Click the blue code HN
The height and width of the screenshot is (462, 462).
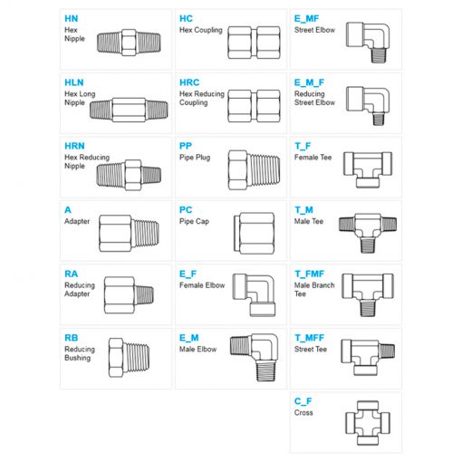72,19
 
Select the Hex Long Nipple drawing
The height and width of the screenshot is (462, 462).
129,110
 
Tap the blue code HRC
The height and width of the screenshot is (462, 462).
189,82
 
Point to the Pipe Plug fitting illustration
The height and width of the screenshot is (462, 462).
254,170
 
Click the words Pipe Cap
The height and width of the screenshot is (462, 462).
194,221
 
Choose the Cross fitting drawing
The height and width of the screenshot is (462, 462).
368,423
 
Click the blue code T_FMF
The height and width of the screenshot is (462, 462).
309,274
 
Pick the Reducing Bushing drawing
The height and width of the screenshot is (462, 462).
129,358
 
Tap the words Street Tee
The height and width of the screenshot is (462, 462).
311,349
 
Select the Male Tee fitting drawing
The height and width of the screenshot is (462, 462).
368,233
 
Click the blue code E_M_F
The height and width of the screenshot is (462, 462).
309,82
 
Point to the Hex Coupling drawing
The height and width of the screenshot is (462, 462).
254,43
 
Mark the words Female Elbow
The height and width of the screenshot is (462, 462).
202,285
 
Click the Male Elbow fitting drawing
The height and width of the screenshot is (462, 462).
254,358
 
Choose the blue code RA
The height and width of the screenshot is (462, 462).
72,274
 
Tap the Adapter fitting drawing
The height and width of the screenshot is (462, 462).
129,234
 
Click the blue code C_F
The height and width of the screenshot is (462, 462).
303,401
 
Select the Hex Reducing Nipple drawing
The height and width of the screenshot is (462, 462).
129,175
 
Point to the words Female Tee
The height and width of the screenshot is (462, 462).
313,158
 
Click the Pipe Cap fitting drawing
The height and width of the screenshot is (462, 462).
254,233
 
